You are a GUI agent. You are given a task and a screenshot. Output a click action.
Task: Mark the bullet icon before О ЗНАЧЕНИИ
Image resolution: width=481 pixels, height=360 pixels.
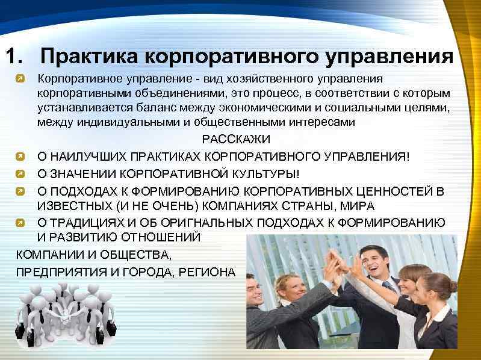coord(20,175)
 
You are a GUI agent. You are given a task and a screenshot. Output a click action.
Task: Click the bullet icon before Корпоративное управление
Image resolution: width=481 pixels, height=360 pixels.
coord(20,79)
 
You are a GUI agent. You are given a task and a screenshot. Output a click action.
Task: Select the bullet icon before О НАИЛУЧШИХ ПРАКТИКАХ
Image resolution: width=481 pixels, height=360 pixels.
coord(20,157)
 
